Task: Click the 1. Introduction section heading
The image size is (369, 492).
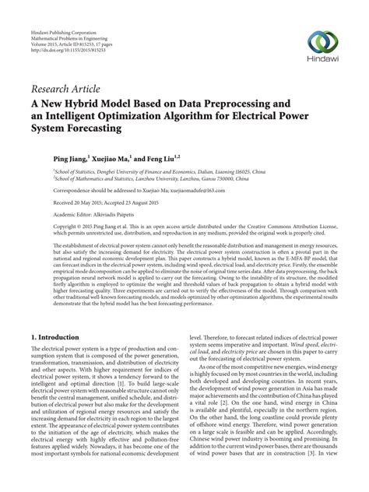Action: [60, 337]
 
